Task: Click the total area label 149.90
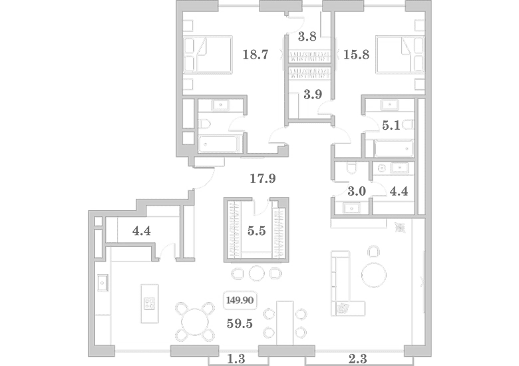(240, 300)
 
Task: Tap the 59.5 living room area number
(240, 323)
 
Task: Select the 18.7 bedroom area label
(256, 55)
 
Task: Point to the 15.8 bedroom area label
(356, 55)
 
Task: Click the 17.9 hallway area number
(262, 179)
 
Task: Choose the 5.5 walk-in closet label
(257, 231)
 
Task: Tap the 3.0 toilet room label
(357, 191)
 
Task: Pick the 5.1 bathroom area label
(391, 125)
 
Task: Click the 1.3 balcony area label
(236, 359)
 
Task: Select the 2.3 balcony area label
(358, 359)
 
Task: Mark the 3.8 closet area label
(307, 37)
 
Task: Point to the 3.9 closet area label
(313, 94)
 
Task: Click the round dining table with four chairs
(195, 321)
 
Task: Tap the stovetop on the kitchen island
(149, 304)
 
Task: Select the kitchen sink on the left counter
(102, 283)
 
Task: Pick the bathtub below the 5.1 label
(393, 148)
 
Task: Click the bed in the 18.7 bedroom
(208, 55)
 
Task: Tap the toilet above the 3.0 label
(351, 168)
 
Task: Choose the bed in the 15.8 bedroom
(400, 55)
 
